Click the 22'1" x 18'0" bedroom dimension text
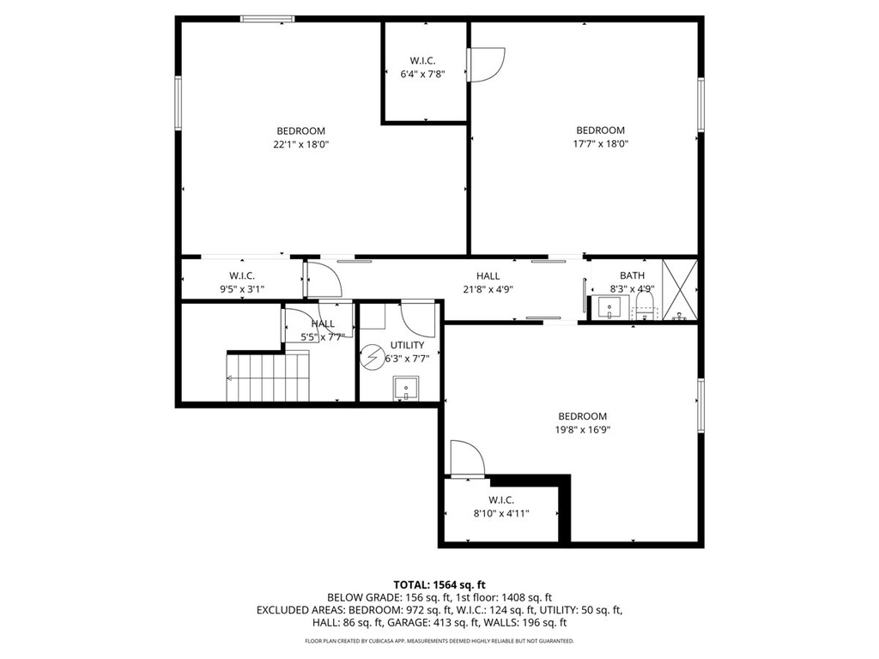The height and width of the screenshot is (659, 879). pos(300,145)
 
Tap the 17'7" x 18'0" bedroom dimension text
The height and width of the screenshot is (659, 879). pos(600,145)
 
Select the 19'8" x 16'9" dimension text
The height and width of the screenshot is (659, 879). pos(582,431)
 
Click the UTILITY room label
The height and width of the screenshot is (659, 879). pos(407,345)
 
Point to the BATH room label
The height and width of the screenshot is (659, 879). pos(632,275)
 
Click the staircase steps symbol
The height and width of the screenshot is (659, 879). pos(267,377)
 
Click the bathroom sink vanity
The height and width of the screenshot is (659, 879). pos(612,306)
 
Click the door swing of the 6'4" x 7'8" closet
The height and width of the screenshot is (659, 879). pos(485,64)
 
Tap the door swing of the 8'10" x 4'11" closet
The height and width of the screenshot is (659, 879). pos(467,458)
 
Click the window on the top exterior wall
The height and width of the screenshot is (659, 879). pos(267,18)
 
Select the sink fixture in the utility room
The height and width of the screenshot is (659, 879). pos(404,389)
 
